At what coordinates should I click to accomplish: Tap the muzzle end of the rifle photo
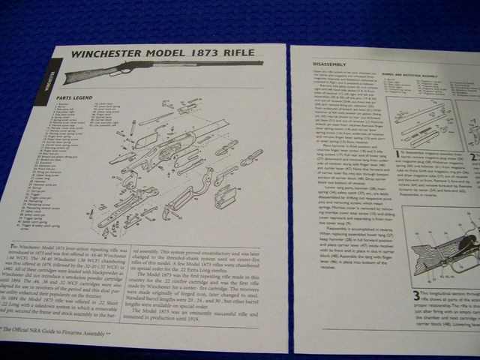click(259, 64)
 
